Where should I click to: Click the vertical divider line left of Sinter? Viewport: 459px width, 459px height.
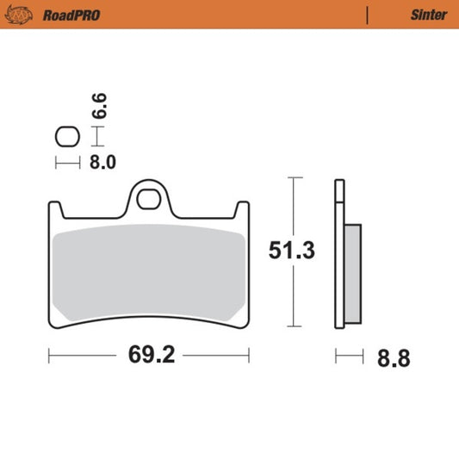pyautogui.click(x=368, y=15)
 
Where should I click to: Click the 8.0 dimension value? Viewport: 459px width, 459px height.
pyautogui.click(x=103, y=161)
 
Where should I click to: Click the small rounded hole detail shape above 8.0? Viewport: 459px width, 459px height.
pyautogui.click(x=66, y=135)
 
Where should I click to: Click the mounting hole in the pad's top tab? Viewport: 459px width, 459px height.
pyautogui.click(x=149, y=199)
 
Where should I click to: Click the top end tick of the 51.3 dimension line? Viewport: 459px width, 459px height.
pyautogui.click(x=295, y=177)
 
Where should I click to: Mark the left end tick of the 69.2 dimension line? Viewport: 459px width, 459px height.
pyautogui.click(x=49, y=354)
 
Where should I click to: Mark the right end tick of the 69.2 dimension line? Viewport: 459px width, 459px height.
pyautogui.click(x=249, y=354)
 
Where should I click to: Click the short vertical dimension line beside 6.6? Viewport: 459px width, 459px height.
pyautogui.click(x=98, y=135)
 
